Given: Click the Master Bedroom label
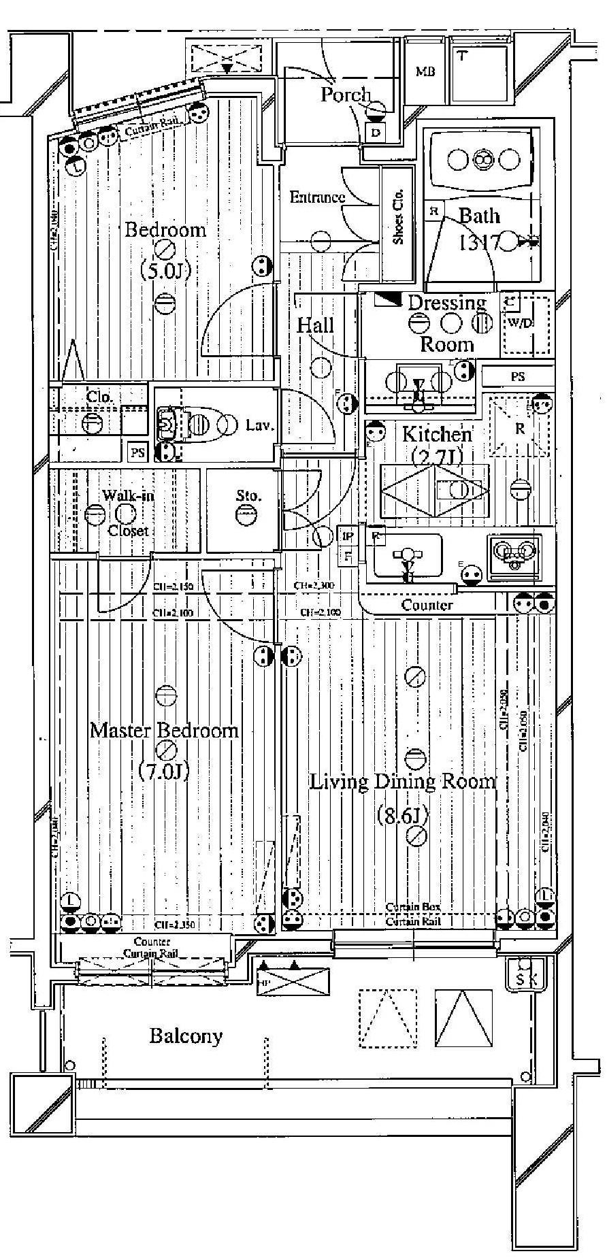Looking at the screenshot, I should point(164,731).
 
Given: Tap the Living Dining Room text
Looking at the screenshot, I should point(402,782).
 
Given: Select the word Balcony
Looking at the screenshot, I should point(186,1036).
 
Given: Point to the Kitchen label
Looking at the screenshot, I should point(436,434).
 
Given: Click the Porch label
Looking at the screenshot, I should point(346,95).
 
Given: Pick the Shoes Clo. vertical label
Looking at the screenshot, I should point(399,215).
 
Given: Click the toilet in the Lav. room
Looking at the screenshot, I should point(184,426).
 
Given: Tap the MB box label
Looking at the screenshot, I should point(426,72).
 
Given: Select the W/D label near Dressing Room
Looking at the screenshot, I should point(521,322).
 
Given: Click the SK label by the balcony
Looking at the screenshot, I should point(526,980).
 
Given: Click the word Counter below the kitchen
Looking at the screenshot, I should point(427,605).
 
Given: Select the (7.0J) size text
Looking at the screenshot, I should point(163,771).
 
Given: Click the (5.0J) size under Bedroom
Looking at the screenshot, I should point(164,271).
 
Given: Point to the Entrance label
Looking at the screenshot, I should point(317,197).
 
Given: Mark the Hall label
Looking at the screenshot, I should point(315,325).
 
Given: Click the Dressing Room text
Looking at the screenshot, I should point(447,322).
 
